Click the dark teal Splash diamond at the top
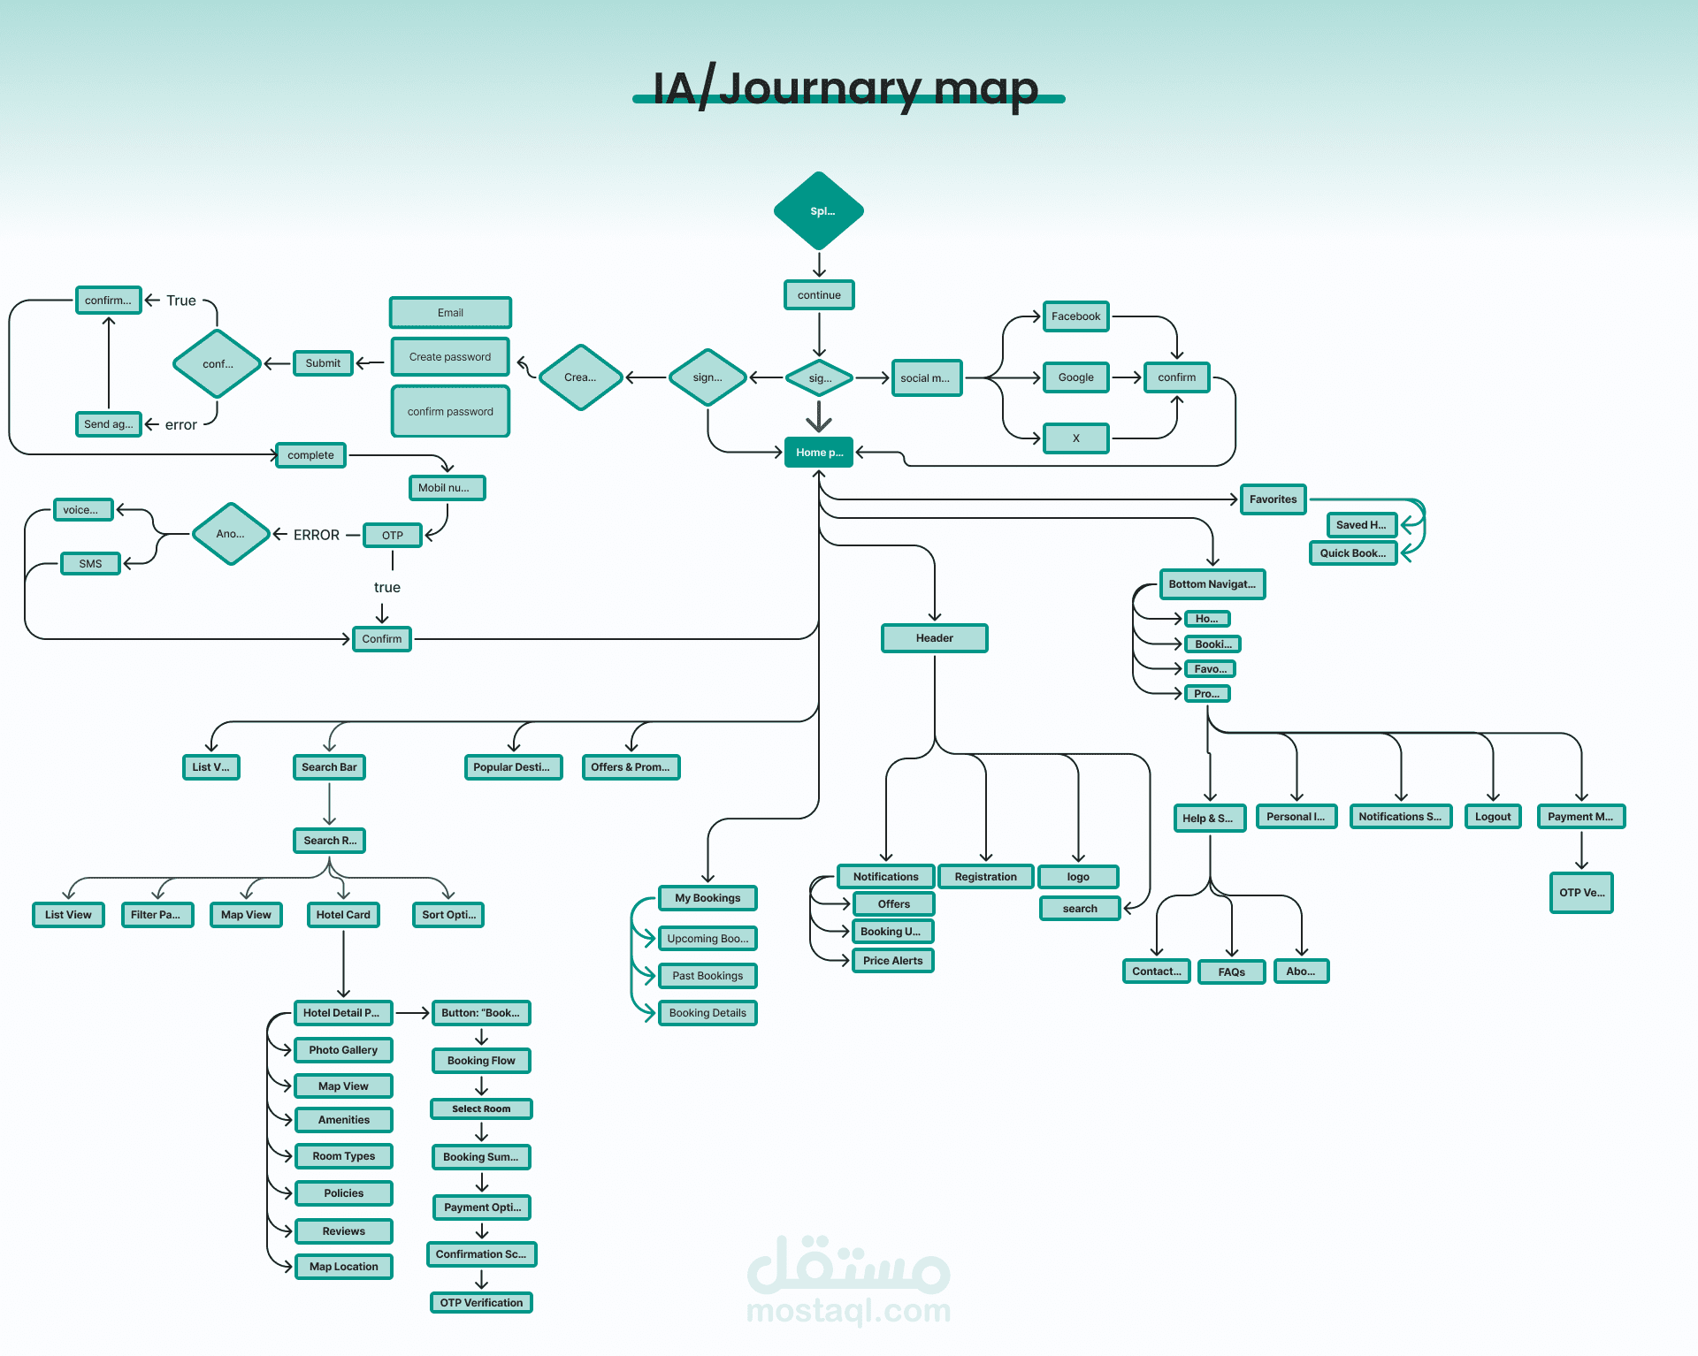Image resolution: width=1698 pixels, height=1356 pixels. [819, 211]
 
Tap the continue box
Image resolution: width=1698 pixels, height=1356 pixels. [819, 295]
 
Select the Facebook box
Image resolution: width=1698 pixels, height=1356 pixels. [1075, 316]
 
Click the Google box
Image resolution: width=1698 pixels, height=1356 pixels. [1075, 377]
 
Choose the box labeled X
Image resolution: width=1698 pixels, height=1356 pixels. [1075, 438]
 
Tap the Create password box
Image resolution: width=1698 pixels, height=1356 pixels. [450, 357]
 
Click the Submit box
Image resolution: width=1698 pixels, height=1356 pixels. [323, 363]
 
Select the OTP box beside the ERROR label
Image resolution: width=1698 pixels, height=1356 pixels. [393, 536]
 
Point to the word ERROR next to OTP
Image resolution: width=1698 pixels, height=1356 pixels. [317, 536]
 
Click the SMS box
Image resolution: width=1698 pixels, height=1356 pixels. [90, 564]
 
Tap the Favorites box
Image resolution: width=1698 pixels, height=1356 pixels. [1273, 499]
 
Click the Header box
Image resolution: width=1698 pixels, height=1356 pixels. [934, 638]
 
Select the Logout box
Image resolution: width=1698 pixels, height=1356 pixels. [1493, 817]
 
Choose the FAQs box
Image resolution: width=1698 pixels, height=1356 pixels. [1231, 972]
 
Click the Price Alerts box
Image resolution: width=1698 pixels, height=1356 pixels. [892, 961]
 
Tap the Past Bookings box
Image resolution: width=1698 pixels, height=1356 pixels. [707, 976]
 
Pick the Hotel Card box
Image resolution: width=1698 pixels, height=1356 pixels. [343, 915]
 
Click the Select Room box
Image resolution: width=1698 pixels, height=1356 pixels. [481, 1109]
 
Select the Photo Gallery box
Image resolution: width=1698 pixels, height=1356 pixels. [343, 1050]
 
